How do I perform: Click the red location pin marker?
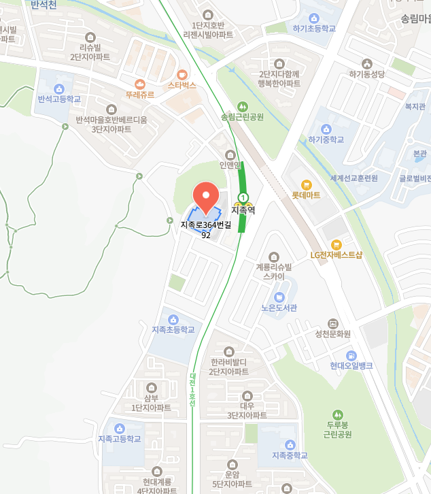point(206,197)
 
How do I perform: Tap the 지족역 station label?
point(243,211)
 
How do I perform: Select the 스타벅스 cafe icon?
point(182,74)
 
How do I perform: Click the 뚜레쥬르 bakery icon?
point(140,84)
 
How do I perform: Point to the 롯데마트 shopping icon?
point(306,184)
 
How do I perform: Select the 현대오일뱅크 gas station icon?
point(351,355)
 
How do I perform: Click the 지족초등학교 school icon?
point(173,319)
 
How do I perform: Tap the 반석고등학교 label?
point(59,99)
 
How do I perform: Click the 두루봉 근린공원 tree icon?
point(337,414)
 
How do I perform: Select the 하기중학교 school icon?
point(326,129)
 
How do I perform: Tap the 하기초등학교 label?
point(314,29)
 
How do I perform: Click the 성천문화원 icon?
point(332,323)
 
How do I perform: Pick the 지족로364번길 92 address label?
point(206,230)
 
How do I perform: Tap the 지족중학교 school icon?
point(290,444)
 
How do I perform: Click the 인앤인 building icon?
point(230,154)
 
